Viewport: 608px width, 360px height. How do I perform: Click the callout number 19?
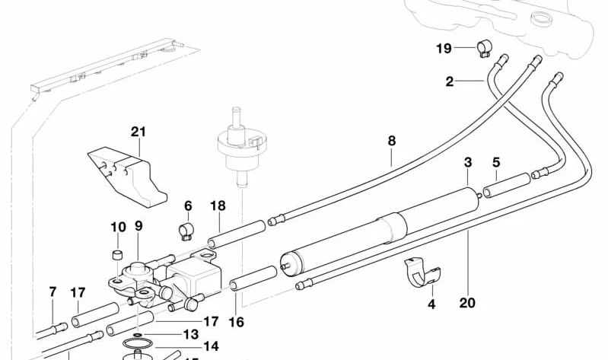444,49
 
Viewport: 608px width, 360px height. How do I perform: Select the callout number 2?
450,81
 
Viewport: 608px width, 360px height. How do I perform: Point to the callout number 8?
392,140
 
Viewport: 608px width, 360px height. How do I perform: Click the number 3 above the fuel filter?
468,162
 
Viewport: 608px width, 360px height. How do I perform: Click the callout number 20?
467,302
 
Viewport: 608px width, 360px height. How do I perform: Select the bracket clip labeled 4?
422,272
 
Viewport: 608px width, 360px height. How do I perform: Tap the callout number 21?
138,132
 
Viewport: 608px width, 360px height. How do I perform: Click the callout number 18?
218,206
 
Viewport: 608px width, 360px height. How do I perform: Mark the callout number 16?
237,322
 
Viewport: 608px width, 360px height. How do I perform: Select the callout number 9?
138,225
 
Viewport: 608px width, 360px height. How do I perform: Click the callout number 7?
53,292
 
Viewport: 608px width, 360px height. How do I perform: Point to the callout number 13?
190,334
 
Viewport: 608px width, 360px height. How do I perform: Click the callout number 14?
211,346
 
